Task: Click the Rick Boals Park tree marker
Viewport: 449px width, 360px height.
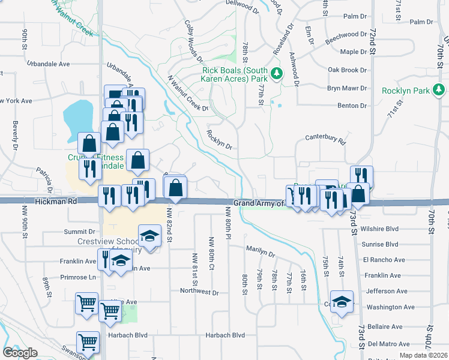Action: pos(277,74)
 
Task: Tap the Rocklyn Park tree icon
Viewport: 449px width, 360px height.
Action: pos(439,90)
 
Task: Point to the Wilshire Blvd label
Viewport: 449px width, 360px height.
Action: pos(380,229)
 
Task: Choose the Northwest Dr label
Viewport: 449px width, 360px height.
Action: pos(199,292)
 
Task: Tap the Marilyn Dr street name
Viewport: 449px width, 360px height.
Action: pos(260,248)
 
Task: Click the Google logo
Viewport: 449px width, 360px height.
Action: pos(20,353)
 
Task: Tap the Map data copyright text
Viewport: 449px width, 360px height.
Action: pos(423,355)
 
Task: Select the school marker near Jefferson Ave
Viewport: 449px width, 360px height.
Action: pos(342,302)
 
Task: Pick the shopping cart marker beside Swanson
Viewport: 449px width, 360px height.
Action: pos(88,343)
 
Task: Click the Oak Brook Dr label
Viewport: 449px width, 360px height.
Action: pos(347,70)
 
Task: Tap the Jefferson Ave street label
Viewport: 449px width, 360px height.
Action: pos(384,291)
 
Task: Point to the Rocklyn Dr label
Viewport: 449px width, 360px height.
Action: pos(219,139)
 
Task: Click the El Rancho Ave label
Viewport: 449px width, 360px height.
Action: pos(384,260)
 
